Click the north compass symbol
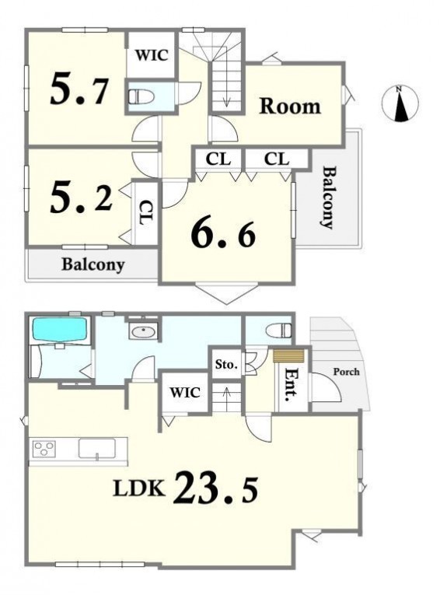[400, 103]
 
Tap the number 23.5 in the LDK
[215, 487]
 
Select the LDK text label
[139, 488]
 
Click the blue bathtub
[60, 329]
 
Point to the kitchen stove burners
[44, 449]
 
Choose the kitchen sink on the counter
[97, 449]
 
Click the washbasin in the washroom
[143, 331]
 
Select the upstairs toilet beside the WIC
[141, 96]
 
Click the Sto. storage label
[226, 365]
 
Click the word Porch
[346, 372]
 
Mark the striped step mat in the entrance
[288, 356]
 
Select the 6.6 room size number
[223, 234]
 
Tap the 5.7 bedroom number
[79, 89]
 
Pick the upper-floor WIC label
[152, 55]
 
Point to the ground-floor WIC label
[185, 392]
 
